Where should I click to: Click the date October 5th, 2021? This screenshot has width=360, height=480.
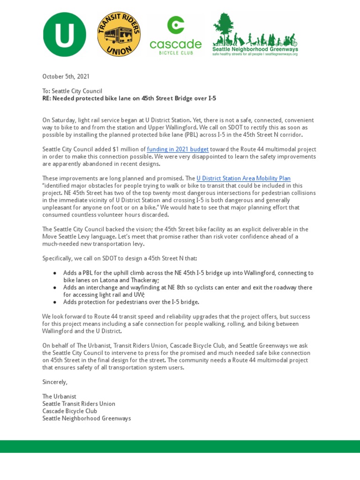point(66,76)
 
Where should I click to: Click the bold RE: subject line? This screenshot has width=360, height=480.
point(129,98)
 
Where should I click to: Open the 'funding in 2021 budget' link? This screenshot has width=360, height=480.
point(178,149)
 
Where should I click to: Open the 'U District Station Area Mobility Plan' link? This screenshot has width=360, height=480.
point(244,178)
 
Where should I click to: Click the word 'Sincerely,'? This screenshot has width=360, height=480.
point(55,382)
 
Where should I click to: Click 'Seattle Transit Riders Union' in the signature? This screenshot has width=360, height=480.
point(79,404)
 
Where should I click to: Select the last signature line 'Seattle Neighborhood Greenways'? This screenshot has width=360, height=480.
point(87,418)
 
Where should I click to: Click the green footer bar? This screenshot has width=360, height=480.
point(180,446)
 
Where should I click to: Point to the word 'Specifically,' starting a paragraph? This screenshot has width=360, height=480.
point(58,258)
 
